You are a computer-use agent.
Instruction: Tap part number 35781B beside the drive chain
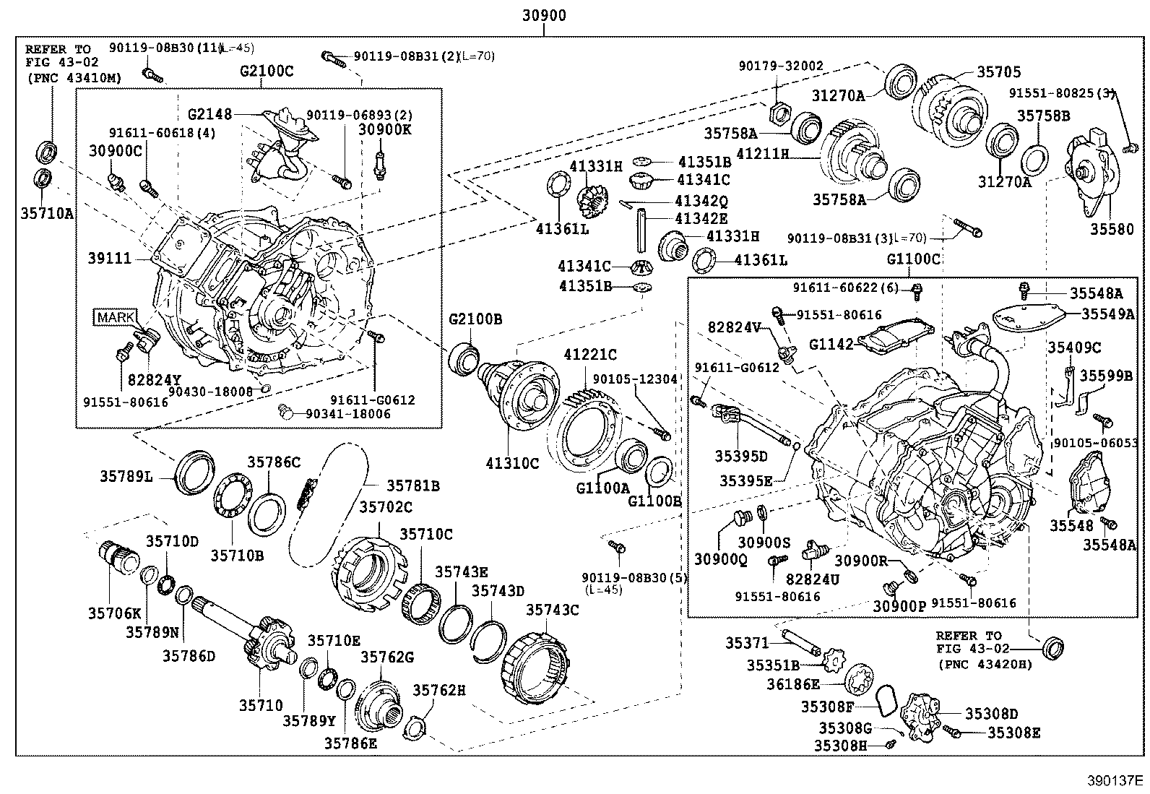412,486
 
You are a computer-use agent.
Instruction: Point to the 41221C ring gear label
590,355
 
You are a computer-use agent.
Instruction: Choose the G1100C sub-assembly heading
913,259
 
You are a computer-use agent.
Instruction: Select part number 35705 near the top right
999,72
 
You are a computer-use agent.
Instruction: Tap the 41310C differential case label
512,464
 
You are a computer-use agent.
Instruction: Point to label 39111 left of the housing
110,258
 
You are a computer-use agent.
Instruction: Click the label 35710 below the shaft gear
261,705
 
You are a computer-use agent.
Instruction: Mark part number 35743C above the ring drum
552,610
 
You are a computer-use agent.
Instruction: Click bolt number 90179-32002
781,66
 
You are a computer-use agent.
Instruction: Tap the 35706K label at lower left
115,613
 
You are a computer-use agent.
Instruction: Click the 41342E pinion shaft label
701,218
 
